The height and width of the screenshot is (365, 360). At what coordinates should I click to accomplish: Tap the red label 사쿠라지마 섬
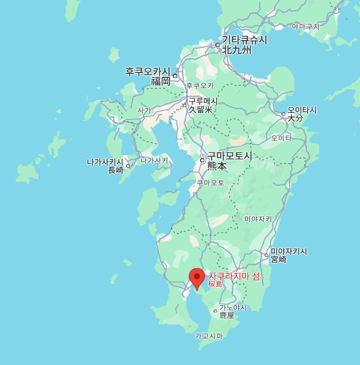[x=234, y=276]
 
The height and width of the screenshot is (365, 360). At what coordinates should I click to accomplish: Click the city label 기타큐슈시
[x=244, y=40]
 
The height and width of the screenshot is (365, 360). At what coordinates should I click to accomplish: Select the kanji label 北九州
[x=236, y=50]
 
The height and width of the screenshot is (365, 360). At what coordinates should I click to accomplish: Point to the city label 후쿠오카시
[x=147, y=71]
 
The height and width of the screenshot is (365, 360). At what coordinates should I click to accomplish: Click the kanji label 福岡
[x=161, y=81]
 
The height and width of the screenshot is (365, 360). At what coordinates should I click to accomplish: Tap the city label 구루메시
[x=203, y=101]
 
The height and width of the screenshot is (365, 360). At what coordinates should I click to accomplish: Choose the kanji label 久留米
[x=201, y=110]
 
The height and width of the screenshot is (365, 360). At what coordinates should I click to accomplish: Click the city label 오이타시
[x=302, y=110]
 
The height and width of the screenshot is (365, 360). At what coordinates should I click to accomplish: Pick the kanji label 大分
[x=295, y=119]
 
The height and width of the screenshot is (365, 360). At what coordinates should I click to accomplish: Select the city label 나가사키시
[x=105, y=162]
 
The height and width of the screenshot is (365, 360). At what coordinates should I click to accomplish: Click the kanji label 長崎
[x=116, y=170]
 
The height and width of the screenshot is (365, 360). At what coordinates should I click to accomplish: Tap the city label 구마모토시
[x=230, y=156]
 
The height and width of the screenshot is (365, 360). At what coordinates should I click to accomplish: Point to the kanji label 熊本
[x=217, y=166]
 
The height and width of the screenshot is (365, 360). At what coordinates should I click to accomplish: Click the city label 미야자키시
[x=289, y=251]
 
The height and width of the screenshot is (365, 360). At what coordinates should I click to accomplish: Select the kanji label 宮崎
[x=279, y=259]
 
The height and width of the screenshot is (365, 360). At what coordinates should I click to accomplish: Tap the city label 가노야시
[x=233, y=307]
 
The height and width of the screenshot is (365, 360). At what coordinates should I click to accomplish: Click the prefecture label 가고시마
[x=209, y=336]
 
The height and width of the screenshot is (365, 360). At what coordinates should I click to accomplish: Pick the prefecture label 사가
[x=144, y=110]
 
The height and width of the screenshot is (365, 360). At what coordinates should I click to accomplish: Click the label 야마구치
[x=306, y=26]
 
